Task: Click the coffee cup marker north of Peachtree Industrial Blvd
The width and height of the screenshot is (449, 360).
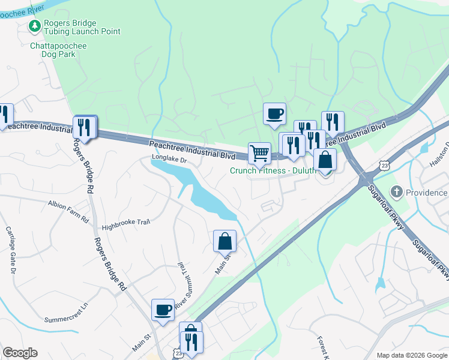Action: click(x=274, y=113)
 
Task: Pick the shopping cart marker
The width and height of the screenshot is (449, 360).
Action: click(x=259, y=153)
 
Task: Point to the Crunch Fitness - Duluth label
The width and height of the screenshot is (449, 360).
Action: click(x=273, y=170)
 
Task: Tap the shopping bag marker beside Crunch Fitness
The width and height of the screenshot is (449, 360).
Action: click(x=325, y=160)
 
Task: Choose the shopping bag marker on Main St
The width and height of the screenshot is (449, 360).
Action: click(x=224, y=241)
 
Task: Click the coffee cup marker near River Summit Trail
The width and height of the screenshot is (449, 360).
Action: click(x=163, y=310)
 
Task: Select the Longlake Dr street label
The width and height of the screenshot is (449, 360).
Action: click(x=170, y=160)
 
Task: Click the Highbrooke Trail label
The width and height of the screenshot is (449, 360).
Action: click(x=125, y=222)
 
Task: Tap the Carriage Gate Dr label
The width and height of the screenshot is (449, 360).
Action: click(x=10, y=249)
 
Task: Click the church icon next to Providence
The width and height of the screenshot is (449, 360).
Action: click(x=396, y=192)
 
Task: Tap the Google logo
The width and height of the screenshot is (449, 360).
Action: click(x=20, y=353)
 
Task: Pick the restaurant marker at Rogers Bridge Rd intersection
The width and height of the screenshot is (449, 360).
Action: click(x=85, y=127)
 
